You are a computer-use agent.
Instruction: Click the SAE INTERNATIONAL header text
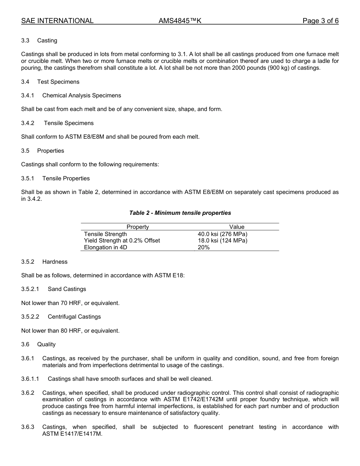[57, 21]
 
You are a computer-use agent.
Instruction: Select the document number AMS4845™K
[180, 21]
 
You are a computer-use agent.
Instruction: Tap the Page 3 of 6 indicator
[320, 21]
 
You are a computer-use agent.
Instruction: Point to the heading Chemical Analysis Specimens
[81, 95]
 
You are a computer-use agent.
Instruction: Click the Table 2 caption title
[180, 213]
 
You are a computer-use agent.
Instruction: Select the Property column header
[138, 227]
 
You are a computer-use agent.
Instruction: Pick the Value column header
[237, 227]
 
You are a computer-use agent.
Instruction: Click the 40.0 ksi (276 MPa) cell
[222, 234]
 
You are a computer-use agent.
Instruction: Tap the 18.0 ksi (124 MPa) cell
[222, 241]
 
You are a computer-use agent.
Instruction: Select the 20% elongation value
[203, 247]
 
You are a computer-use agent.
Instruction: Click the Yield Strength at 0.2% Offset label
[122, 241]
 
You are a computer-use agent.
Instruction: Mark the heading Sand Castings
[67, 289]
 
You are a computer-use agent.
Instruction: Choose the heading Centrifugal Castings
[74, 317]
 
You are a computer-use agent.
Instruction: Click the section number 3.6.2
[28, 393]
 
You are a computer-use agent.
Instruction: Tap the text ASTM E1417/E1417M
[72, 434]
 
